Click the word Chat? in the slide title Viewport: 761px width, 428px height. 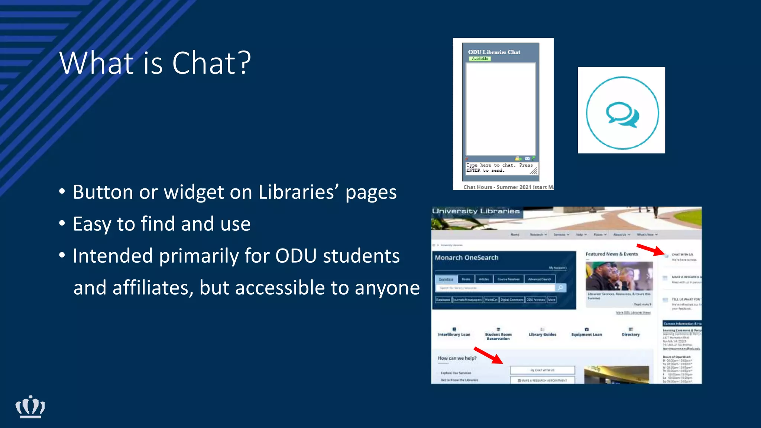(211, 63)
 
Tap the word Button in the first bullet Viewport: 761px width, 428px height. (103, 192)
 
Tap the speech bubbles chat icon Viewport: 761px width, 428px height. (622, 114)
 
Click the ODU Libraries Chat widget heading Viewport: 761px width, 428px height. (494, 52)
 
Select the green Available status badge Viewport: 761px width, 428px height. (480, 59)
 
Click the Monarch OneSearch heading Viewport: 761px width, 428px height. (466, 257)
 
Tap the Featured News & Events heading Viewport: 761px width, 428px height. (612, 254)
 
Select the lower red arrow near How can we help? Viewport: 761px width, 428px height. (488, 355)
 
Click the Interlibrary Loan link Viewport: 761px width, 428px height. (454, 334)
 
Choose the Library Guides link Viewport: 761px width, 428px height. (542, 334)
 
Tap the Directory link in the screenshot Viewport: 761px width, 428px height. (631, 334)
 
